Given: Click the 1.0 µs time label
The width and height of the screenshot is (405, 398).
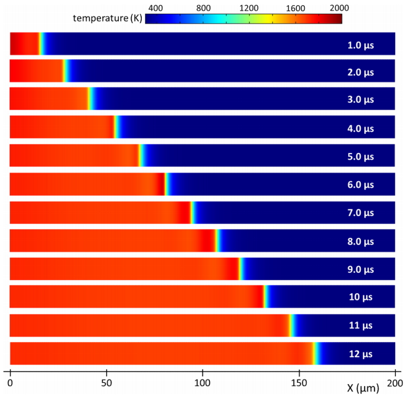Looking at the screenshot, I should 361,45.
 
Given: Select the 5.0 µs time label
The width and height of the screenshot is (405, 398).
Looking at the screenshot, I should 361,157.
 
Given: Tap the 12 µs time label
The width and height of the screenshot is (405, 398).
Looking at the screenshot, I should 361,355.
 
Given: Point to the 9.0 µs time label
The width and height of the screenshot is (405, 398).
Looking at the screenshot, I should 361,269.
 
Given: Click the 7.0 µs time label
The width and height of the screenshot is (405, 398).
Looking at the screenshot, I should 361,213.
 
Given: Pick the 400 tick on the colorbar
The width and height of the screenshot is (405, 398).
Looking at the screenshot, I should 156,8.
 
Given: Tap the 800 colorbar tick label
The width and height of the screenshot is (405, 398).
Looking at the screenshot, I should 202,8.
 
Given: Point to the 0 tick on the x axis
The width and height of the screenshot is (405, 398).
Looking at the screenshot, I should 10,382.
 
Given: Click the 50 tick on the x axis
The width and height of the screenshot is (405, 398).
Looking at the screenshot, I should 106,382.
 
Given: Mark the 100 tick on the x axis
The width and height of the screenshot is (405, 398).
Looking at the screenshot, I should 202,382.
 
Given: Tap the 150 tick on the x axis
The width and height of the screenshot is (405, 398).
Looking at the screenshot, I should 299,382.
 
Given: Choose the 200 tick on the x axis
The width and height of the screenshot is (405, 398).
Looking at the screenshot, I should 394,382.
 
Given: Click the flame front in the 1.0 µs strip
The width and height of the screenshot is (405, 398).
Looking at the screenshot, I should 41,43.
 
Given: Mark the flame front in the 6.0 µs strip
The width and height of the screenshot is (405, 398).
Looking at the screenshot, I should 166,184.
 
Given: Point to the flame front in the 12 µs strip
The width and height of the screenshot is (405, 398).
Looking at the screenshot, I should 315,353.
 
